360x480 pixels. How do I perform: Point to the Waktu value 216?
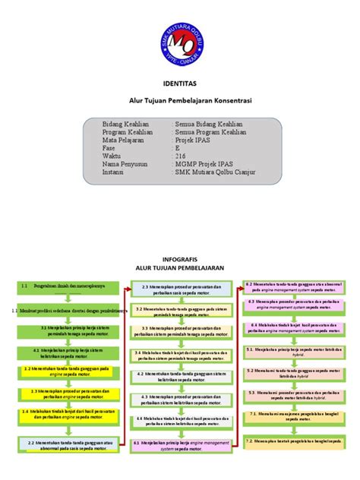[181, 156]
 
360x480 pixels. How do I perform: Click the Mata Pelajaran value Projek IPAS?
[195, 140]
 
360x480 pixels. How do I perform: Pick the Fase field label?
[111, 148]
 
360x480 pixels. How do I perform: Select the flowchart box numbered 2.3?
[182, 289]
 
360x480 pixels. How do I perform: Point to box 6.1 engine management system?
[182, 445]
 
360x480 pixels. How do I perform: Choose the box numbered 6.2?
[293, 286]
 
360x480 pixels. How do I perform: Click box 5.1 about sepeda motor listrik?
[293, 352]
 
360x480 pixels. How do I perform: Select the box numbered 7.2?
[293, 441]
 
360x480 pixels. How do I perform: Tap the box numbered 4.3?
[182, 399]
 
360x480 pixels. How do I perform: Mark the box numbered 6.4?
[293, 328]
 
